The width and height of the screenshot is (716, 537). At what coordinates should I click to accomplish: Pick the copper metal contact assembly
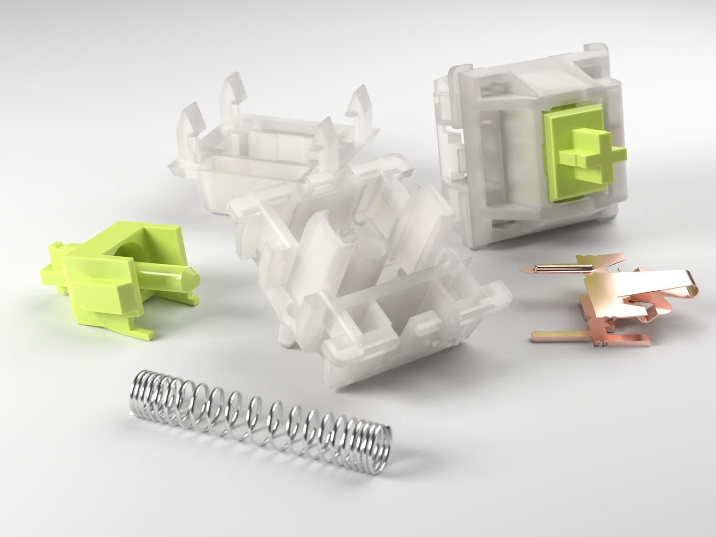point(616,301)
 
